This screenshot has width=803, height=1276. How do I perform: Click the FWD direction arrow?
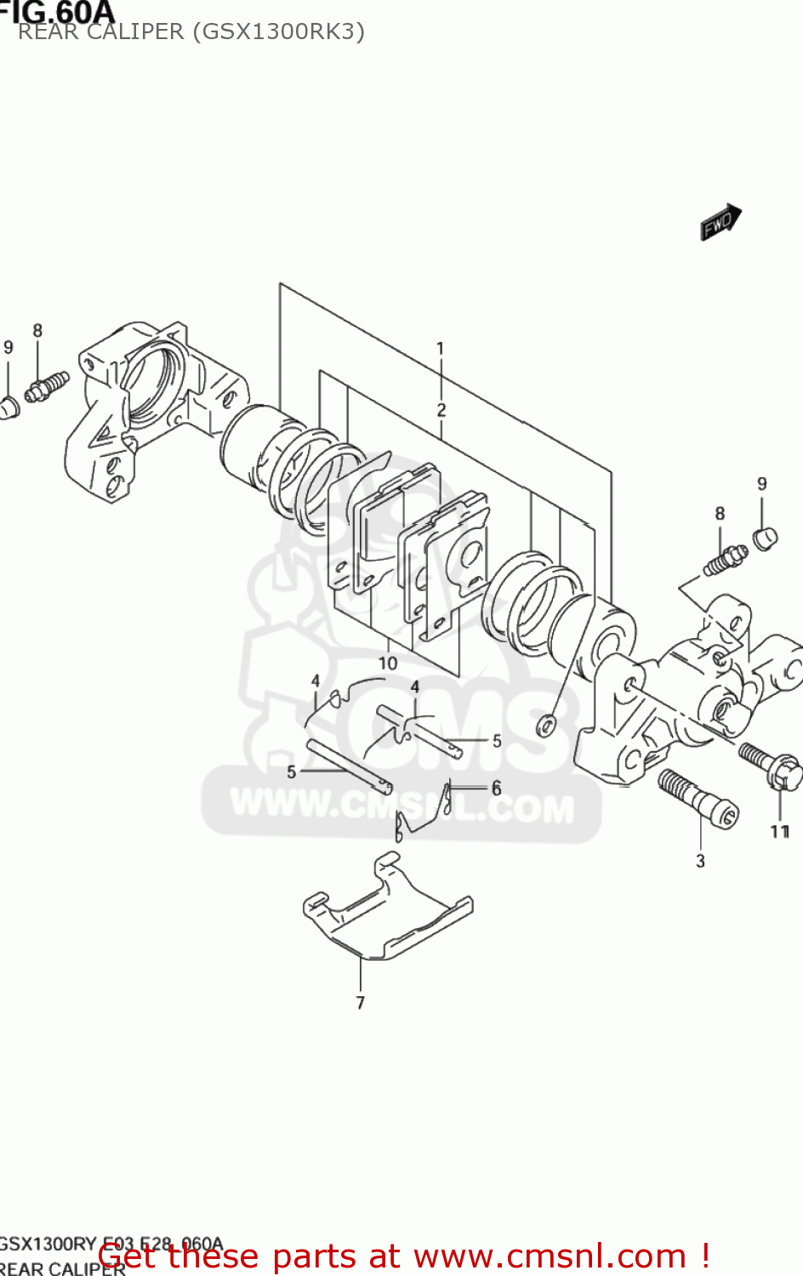tap(720, 222)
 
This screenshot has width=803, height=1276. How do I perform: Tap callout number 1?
tap(440, 348)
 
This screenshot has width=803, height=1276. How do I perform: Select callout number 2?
tap(441, 409)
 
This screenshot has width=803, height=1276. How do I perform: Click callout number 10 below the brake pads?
tap(387, 663)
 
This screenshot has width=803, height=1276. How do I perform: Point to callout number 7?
tap(360, 1003)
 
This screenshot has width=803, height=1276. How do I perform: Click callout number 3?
tap(700, 861)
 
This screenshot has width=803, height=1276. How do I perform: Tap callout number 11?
tap(779, 831)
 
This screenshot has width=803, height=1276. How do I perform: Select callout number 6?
tap(496, 789)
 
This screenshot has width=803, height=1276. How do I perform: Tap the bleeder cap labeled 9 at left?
tap(8, 407)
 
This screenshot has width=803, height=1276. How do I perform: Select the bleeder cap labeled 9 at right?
tap(765, 538)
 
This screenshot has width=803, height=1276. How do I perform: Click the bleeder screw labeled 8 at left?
tap(47, 387)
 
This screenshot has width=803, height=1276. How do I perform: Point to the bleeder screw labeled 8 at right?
tap(725, 560)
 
